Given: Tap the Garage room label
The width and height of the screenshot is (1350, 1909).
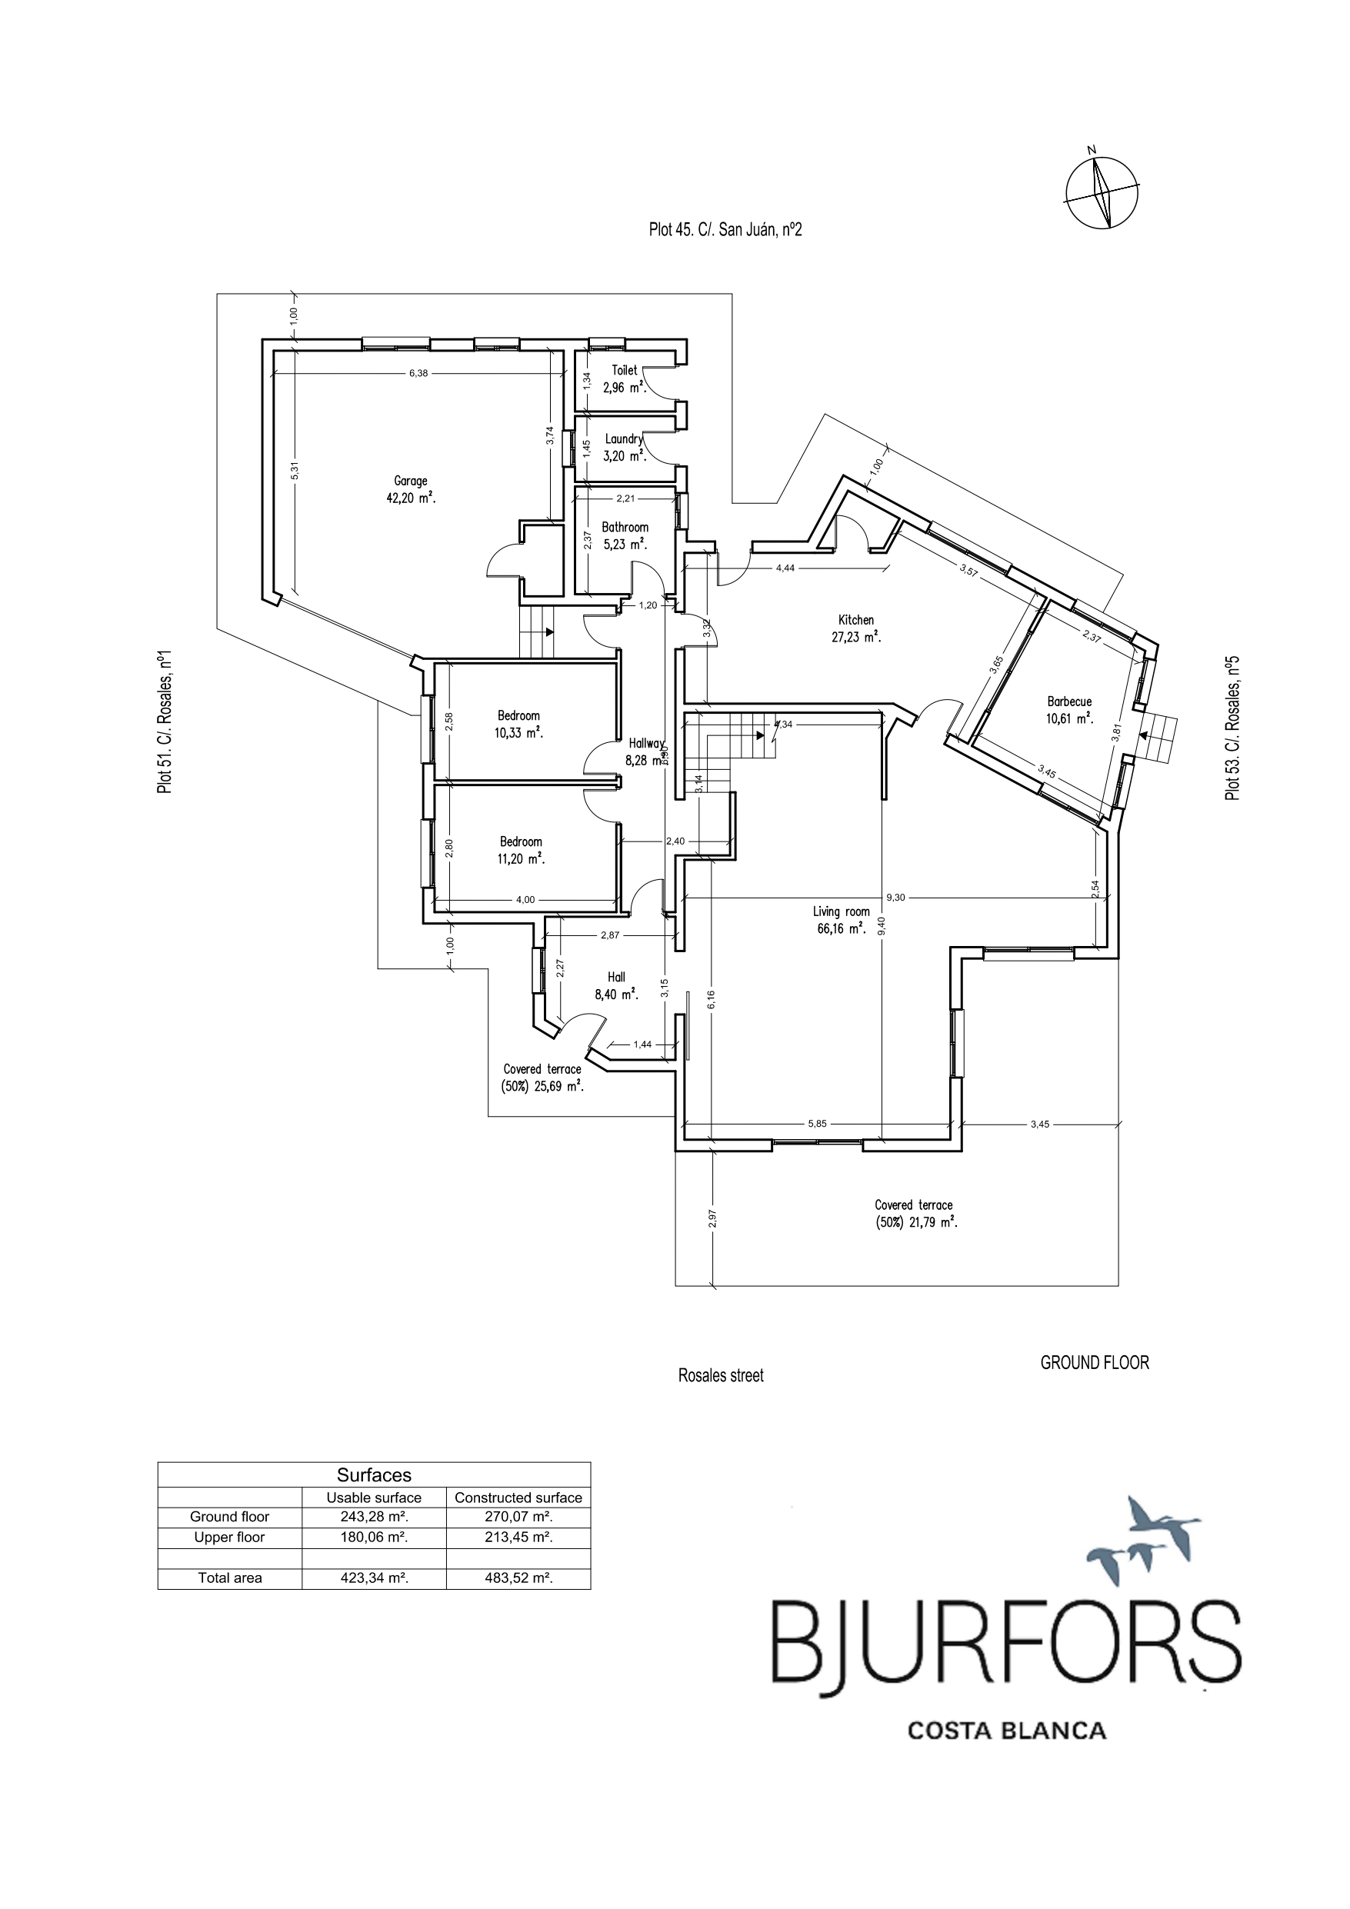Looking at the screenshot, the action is pos(411,481).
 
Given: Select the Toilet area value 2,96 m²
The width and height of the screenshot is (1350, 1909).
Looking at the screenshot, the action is pos(625,388).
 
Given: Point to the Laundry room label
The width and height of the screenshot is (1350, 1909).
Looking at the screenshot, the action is pos(624,439).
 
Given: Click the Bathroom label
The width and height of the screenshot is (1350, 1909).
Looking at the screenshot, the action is pos(625,527).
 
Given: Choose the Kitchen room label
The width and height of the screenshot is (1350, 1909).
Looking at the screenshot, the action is pos(856,619).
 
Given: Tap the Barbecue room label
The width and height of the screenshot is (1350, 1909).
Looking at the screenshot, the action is pos(1070,701).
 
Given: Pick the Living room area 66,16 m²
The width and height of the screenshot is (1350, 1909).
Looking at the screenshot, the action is pos(841,930).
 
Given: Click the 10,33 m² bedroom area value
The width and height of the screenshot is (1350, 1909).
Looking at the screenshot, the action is pos(519,733).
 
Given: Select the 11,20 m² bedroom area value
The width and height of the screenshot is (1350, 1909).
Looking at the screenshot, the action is pos(522,859).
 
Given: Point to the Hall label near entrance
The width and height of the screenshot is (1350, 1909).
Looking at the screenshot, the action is pos(616,977).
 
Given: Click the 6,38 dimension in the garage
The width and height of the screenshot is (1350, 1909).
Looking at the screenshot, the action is pos(418,373).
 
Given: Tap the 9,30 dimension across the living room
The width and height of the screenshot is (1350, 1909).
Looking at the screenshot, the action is pos(896,897).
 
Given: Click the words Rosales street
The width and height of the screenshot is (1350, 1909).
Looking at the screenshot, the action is pos(720,1376).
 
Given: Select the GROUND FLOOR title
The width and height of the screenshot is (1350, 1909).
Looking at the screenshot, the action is pos(1095,1363).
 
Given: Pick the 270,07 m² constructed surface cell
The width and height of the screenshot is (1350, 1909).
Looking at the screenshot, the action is pos(519,1517).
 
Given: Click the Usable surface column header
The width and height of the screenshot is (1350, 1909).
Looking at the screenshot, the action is pos(374,1498).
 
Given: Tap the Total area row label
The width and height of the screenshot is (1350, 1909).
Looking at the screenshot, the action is pos(229,1578).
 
